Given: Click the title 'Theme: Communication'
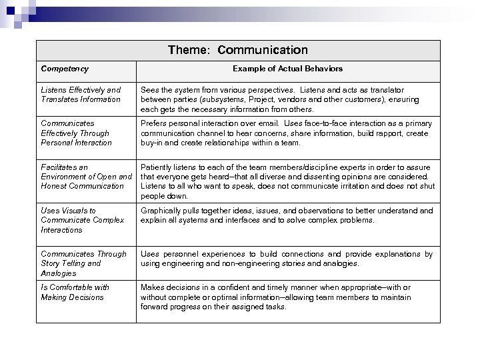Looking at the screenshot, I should point(238,50).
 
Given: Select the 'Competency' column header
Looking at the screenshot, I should point(65,69).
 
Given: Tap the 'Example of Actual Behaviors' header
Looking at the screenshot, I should point(287,69).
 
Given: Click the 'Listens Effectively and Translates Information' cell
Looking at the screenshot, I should point(81,95).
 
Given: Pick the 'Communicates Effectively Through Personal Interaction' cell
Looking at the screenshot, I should point(76,133).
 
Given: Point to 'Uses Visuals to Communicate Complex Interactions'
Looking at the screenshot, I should point(82,220).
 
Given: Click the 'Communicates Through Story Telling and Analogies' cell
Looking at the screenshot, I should point(83,263).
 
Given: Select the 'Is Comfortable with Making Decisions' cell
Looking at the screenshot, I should point(75,292).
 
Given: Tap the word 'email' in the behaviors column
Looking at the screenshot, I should point(271,123).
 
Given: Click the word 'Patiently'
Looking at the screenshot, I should point(157,167).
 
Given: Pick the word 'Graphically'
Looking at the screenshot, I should point(161,211).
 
